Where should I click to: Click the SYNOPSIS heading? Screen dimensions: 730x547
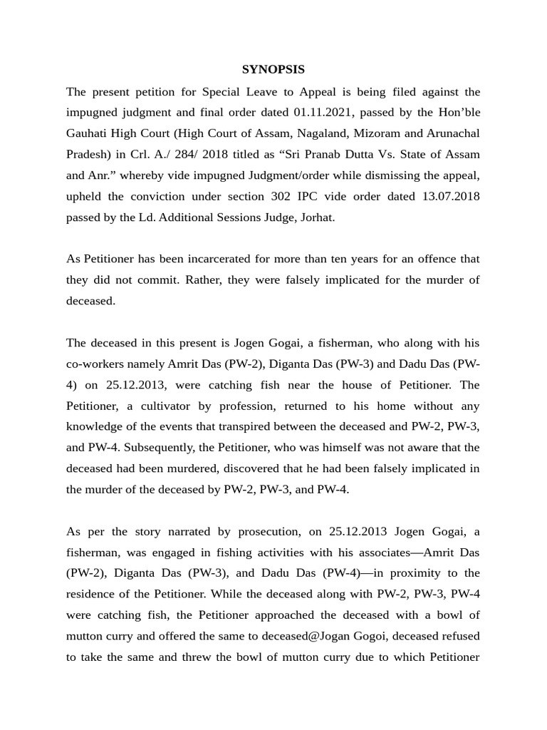(273, 69)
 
